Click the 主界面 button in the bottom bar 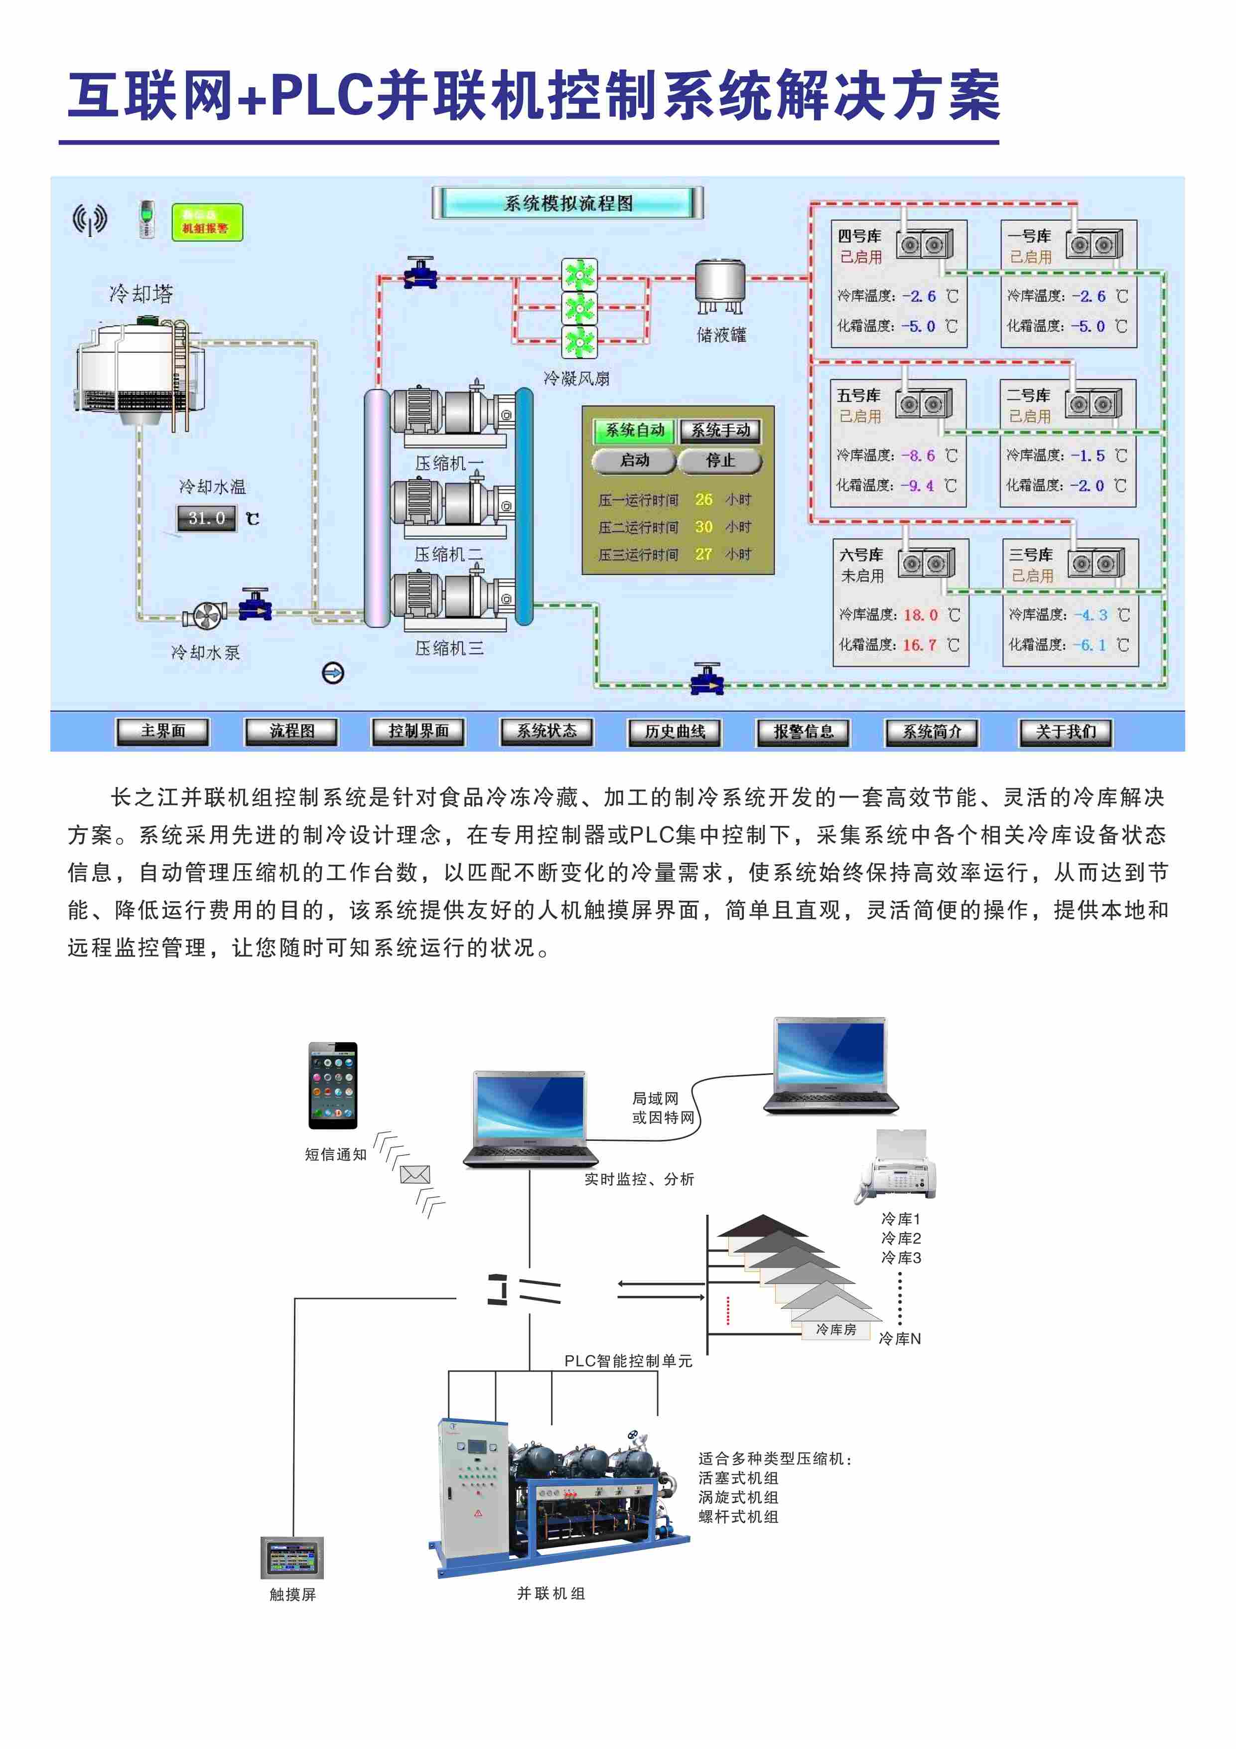(162, 731)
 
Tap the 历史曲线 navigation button (675, 731)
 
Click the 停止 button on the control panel (720, 460)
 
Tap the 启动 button (634, 460)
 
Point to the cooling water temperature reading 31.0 (206, 518)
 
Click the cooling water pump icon (205, 616)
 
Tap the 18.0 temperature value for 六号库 (921, 615)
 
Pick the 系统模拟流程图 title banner (567, 203)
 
